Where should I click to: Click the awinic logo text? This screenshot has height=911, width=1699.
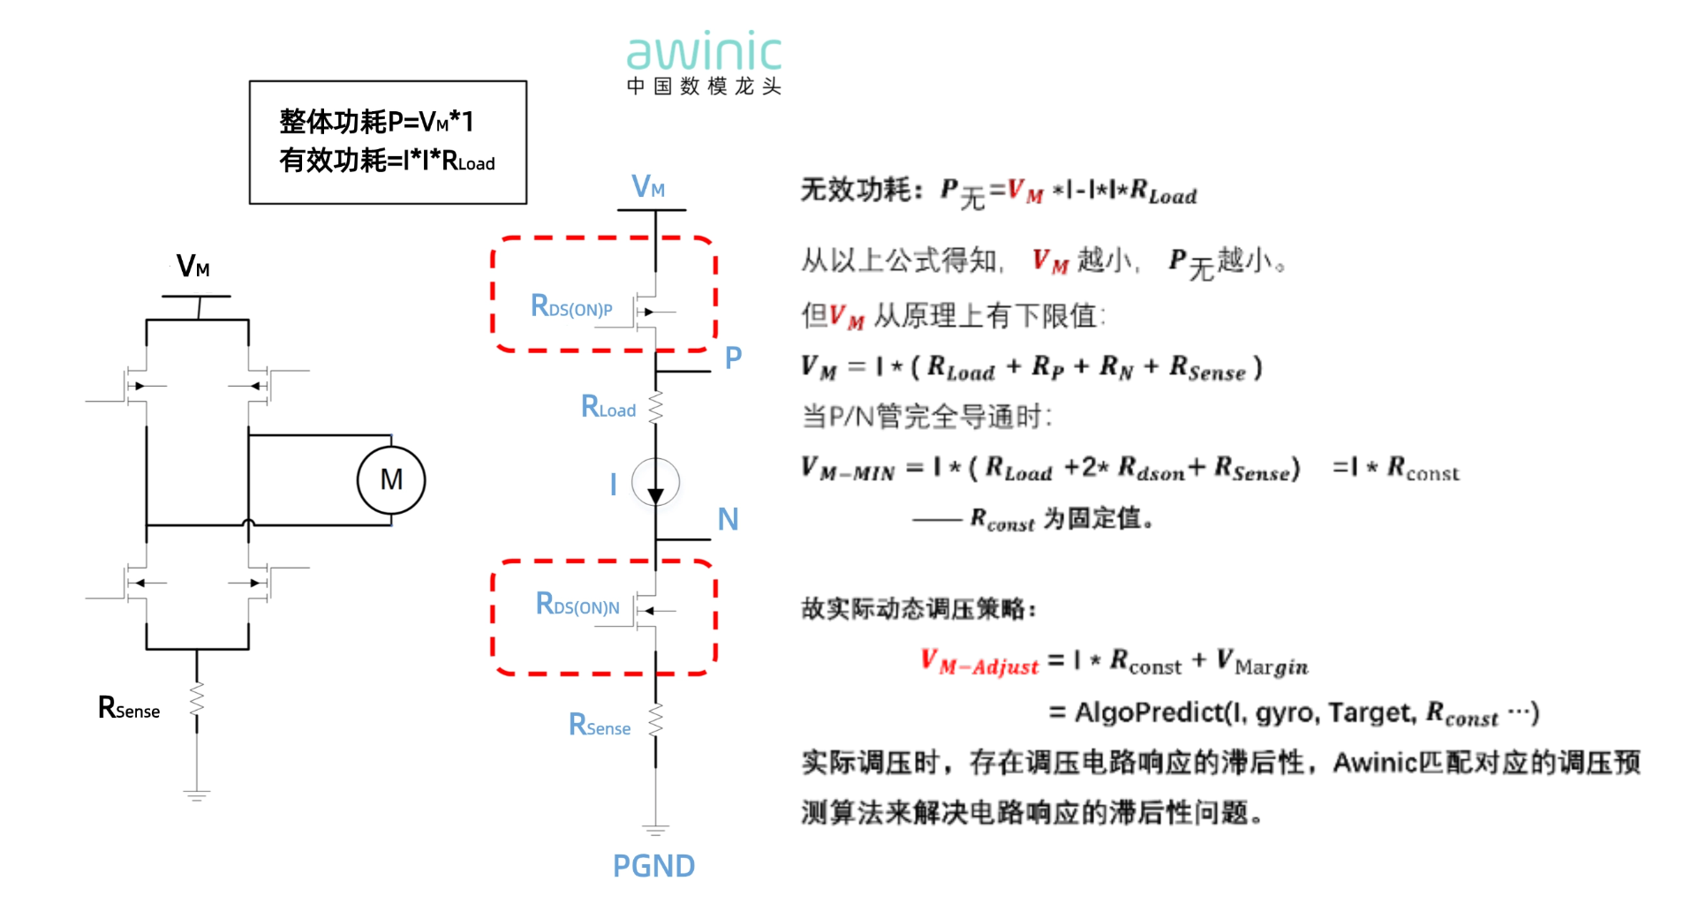coord(704,54)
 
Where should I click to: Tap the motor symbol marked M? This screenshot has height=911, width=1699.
coord(391,480)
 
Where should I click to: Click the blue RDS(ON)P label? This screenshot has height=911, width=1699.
coord(570,306)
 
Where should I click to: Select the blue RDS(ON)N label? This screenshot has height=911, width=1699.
coord(578,605)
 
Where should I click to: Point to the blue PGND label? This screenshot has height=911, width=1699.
coord(653,866)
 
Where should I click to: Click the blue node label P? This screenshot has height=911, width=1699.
coord(733,358)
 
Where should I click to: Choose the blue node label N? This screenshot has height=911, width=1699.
coord(728,519)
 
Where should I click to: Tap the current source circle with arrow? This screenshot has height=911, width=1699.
coord(655,483)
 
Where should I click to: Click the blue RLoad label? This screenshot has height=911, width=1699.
coord(608,407)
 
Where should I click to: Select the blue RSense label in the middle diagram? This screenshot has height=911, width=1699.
coord(599,726)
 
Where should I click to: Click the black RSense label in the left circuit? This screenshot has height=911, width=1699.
coord(129,708)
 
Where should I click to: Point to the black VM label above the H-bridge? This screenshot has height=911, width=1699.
coord(193,266)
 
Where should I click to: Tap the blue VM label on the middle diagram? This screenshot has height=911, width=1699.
coord(648,186)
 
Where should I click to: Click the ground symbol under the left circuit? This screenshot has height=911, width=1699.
coord(197,794)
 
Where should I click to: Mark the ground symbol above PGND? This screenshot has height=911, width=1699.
coord(655,829)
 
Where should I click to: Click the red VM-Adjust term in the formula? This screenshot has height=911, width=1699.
coord(979,663)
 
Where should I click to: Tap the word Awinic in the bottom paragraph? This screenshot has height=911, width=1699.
coord(1375,763)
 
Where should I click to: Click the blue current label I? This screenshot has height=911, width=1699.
coord(613,484)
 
